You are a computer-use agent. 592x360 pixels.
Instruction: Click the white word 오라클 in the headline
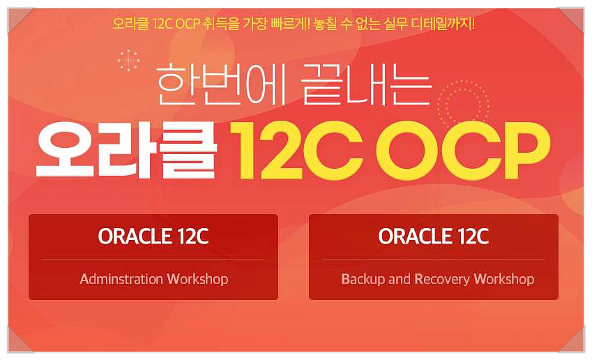point(127,149)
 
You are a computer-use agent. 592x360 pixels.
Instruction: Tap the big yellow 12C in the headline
point(297,150)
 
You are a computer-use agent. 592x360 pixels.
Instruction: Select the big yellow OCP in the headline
point(463,150)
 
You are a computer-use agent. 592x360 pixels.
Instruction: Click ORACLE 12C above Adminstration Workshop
point(153,236)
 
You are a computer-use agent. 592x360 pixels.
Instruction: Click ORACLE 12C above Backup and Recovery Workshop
point(434,236)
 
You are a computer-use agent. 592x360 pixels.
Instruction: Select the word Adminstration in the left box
point(121,279)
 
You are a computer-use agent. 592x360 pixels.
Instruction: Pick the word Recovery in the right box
point(442,280)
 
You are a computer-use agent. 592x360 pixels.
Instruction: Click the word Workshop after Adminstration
point(197,279)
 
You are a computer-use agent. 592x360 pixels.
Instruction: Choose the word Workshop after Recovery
point(504,279)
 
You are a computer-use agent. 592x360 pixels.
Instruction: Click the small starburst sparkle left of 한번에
point(128,60)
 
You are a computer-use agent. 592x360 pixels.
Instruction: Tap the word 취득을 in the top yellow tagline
point(220,24)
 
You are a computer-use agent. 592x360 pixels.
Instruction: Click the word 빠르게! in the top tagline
point(290,24)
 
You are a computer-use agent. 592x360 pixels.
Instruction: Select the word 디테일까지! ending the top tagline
point(443,24)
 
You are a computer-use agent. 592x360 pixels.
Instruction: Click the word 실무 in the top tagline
point(395,24)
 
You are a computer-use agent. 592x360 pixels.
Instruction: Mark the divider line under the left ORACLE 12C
point(153,259)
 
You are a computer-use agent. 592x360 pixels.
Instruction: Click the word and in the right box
point(399,279)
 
